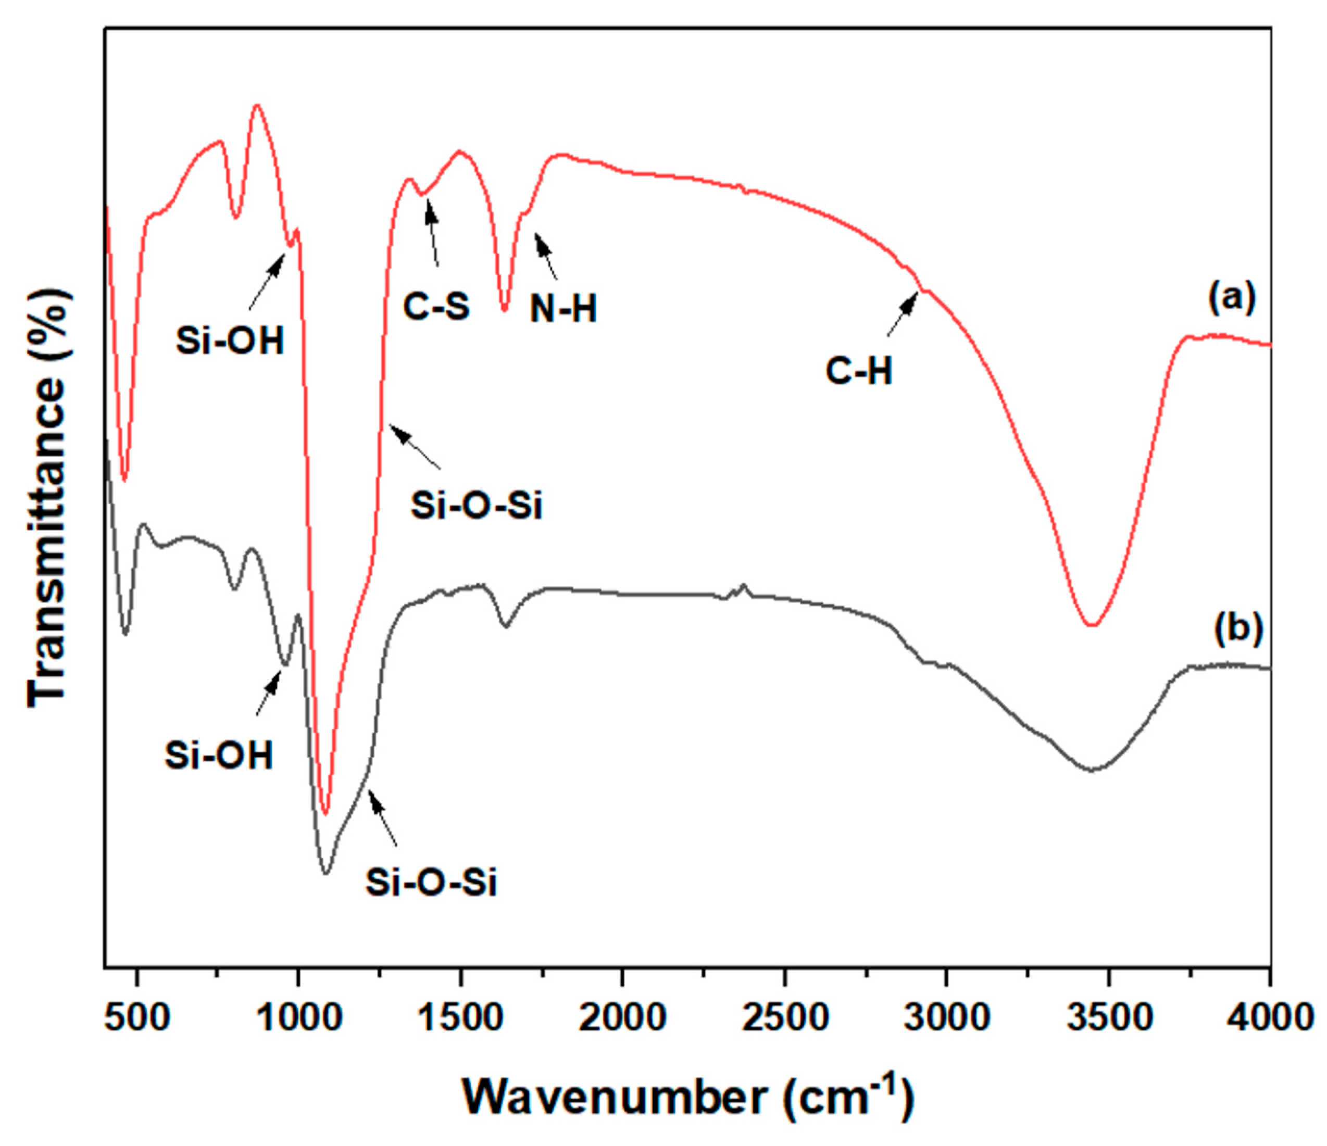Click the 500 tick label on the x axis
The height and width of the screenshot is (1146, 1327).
pyautogui.click(x=137, y=1017)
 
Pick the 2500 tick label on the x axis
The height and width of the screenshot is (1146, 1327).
pyautogui.click(x=784, y=1017)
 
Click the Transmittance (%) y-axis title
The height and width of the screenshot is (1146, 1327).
pyautogui.click(x=48, y=499)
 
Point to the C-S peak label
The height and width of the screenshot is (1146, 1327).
pyautogui.click(x=436, y=307)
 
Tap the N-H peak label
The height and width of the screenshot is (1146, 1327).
pyautogui.click(x=563, y=309)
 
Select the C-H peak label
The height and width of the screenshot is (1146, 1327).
pyautogui.click(x=858, y=371)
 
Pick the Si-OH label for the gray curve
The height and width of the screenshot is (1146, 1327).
pyautogui.click(x=218, y=755)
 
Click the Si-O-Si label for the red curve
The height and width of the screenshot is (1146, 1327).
pyautogui.click(x=477, y=505)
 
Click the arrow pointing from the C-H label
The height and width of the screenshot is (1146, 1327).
pyautogui.click(x=903, y=313)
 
